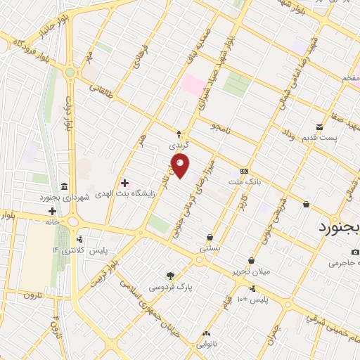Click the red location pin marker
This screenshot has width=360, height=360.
pos(181,165)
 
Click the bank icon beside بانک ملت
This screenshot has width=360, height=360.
pos(244,171)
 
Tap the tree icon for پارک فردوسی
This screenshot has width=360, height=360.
pos(169,276)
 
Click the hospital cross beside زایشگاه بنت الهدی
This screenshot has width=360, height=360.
pos(124,183)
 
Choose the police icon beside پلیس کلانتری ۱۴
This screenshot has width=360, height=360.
pos(80,240)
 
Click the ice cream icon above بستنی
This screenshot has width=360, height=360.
pos(211,237)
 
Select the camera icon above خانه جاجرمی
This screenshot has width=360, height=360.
pos(356,252)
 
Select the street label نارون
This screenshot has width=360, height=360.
pos(34,295)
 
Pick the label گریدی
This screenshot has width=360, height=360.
pos(179,145)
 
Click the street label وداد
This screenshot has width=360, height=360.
pos(288,134)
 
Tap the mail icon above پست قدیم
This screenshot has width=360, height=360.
pos(320,127)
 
